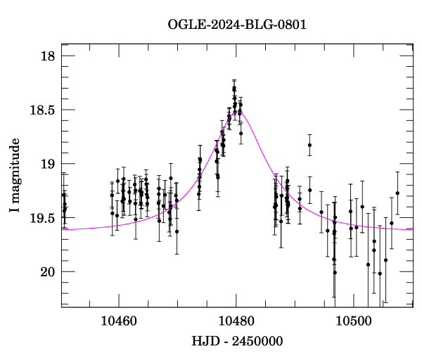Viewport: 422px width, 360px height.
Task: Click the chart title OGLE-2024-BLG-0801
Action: tap(237, 25)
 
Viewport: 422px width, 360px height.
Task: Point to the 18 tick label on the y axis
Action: tap(47, 56)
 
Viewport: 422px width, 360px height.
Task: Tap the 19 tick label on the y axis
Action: tap(47, 164)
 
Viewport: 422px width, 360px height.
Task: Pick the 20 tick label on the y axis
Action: tap(47, 272)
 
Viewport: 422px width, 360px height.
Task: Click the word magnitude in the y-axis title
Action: tap(15, 170)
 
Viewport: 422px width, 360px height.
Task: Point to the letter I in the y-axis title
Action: tap(15, 211)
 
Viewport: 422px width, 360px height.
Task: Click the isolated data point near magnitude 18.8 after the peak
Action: tap(309, 145)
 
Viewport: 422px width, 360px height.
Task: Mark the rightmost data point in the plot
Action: tap(397, 193)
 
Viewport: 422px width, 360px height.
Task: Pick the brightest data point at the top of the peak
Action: tap(234, 88)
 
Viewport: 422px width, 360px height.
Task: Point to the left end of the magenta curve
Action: tap(62, 229)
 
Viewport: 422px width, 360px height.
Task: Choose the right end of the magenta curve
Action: tap(413, 229)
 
